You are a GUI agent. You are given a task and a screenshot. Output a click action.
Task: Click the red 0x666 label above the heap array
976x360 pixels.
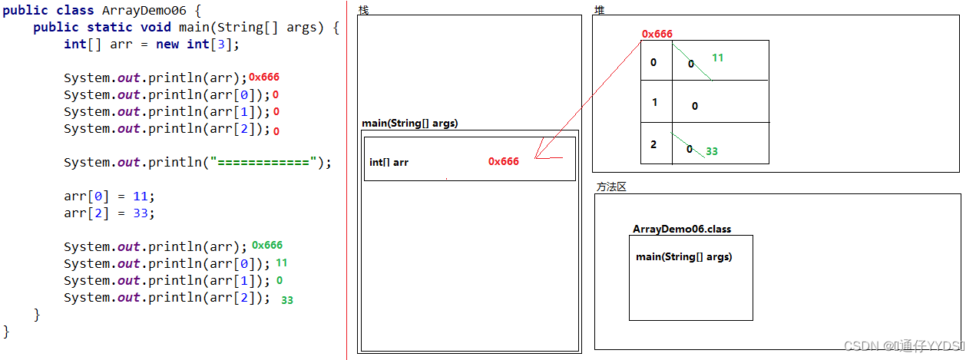click(657, 34)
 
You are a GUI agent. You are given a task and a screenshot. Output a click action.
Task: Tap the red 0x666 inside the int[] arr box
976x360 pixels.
click(504, 161)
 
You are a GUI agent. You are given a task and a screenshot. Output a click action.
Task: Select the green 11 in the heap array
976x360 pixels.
click(718, 58)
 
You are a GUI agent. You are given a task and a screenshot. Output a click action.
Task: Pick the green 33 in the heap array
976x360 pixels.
click(712, 151)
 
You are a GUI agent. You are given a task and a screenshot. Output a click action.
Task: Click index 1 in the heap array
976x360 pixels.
click(654, 102)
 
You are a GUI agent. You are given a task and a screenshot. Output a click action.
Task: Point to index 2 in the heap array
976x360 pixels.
click(653, 144)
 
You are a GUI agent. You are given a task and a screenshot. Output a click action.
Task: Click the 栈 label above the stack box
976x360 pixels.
click(363, 9)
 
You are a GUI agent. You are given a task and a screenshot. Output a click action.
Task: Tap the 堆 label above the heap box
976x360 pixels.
click(599, 9)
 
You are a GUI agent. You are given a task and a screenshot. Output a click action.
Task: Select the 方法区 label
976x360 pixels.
click(611, 187)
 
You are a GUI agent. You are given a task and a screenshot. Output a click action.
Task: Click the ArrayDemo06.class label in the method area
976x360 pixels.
click(682, 229)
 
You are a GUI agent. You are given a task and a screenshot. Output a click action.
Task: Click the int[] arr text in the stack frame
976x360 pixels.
click(389, 162)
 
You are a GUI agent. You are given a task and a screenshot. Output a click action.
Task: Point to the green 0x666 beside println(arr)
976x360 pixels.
click(267, 245)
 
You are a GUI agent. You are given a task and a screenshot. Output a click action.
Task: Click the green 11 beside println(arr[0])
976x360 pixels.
click(281, 263)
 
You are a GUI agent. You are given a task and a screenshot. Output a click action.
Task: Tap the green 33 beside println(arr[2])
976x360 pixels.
click(287, 300)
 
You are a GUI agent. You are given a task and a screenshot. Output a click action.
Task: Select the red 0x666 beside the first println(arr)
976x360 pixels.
click(264, 77)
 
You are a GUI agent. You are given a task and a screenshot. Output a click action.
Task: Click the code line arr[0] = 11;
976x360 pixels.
click(109, 196)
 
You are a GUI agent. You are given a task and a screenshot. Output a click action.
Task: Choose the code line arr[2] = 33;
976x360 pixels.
click(109, 213)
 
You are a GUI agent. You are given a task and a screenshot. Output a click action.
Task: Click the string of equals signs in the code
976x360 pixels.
click(266, 162)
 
